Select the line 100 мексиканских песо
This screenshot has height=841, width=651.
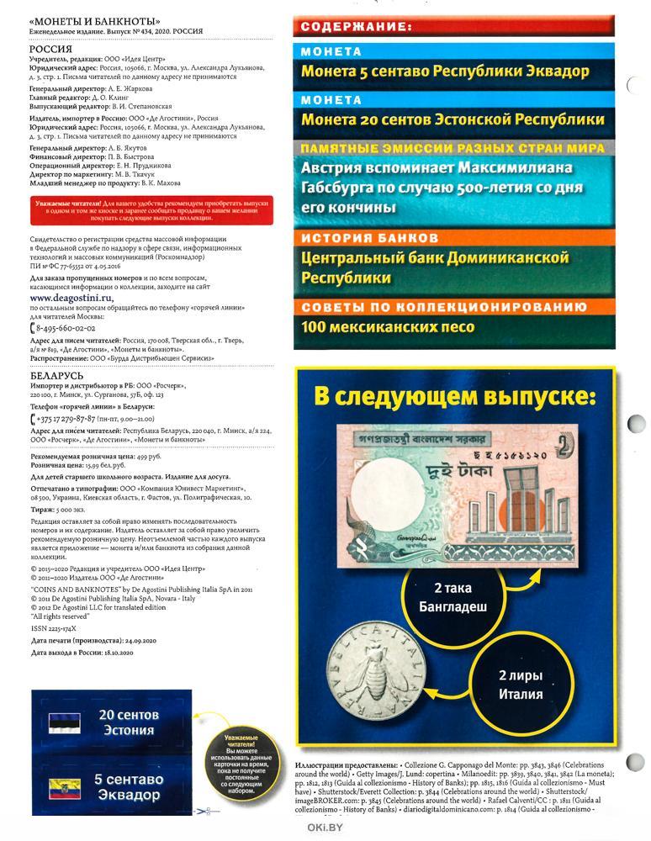(389, 327)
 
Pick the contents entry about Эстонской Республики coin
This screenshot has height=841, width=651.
(453, 119)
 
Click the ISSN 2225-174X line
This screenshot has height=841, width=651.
(53, 627)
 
